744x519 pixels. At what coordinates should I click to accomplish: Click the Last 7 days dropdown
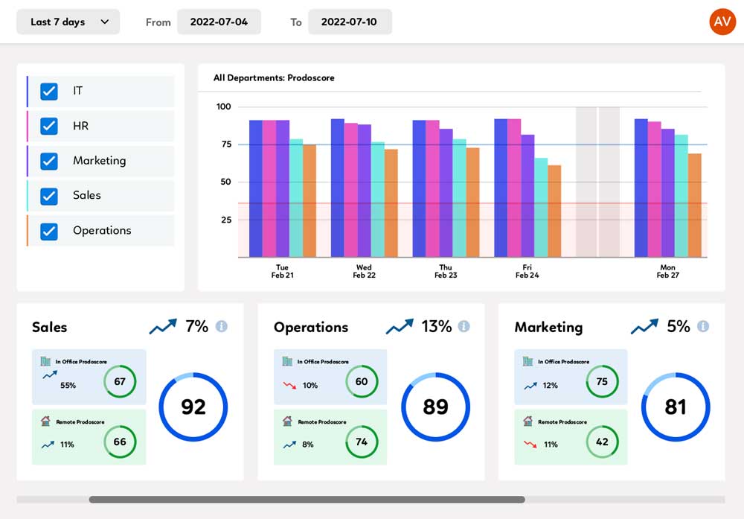(68, 22)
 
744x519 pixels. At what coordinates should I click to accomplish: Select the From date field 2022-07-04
(219, 22)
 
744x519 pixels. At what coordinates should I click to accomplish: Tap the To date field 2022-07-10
(350, 22)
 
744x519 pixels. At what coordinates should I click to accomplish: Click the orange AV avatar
(722, 22)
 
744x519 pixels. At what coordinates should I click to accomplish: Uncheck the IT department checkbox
(49, 91)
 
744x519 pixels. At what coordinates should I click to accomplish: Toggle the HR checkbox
(49, 126)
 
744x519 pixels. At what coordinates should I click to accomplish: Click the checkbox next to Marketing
(49, 161)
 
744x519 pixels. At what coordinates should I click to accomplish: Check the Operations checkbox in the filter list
(49, 232)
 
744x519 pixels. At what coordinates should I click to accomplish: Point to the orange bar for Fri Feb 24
(554, 211)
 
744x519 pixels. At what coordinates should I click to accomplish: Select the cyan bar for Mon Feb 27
(682, 196)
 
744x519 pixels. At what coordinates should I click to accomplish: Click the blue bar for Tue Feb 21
(256, 188)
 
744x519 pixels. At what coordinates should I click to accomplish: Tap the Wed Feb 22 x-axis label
(364, 271)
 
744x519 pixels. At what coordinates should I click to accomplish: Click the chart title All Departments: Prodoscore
(274, 78)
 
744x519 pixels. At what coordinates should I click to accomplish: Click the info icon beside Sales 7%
(222, 326)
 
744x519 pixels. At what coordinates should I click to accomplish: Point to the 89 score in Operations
(435, 407)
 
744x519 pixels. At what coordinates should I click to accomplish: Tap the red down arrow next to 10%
(289, 385)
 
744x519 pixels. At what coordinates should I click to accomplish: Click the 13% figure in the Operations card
(437, 326)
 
